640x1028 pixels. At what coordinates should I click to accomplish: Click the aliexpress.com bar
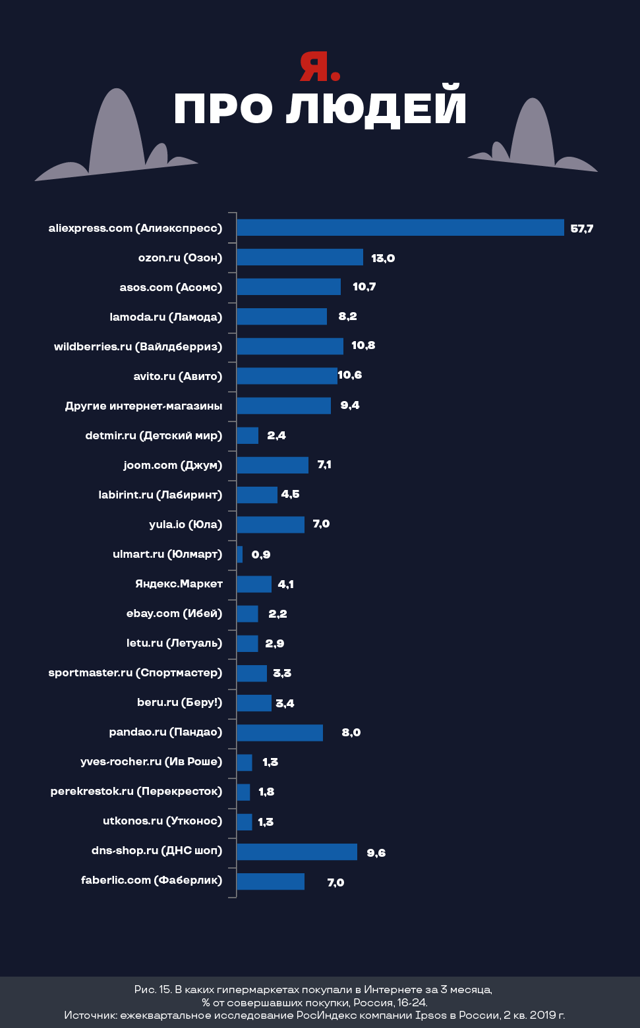pyautogui.click(x=400, y=228)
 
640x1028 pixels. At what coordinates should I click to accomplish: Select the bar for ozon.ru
pyautogui.click(x=300, y=257)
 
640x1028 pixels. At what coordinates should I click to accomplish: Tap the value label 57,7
pyautogui.click(x=582, y=229)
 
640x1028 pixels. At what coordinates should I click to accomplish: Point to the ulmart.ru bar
pyautogui.click(x=240, y=555)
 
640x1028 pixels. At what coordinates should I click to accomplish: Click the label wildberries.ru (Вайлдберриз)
pyautogui.click(x=138, y=346)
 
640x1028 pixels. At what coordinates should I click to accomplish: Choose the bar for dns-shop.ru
pyautogui.click(x=297, y=852)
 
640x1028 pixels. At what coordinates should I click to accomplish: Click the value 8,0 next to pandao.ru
pyautogui.click(x=351, y=732)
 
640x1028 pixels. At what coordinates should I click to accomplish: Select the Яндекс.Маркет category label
pyautogui.click(x=179, y=583)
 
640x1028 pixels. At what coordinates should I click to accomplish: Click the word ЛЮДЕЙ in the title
pyautogui.click(x=376, y=109)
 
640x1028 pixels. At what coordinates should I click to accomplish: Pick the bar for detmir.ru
pyautogui.click(x=247, y=435)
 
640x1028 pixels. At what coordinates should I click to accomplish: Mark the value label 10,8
pyautogui.click(x=363, y=346)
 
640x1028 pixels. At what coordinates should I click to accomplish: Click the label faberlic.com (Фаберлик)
pyautogui.click(x=152, y=880)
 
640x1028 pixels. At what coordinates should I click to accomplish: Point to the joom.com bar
pyautogui.click(x=272, y=465)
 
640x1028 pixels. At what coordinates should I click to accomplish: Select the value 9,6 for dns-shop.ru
pyautogui.click(x=376, y=853)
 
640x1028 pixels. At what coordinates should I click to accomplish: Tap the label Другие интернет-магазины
pyautogui.click(x=144, y=406)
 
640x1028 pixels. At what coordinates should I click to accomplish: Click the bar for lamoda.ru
pyautogui.click(x=281, y=317)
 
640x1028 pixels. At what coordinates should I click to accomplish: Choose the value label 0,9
pyautogui.click(x=261, y=555)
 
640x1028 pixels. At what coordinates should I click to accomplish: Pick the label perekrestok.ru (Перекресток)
pyautogui.click(x=136, y=791)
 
